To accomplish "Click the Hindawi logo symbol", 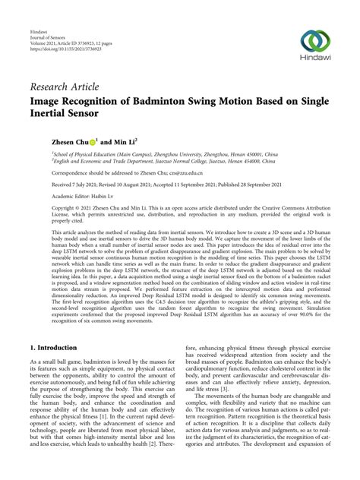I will [x=314, y=42].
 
